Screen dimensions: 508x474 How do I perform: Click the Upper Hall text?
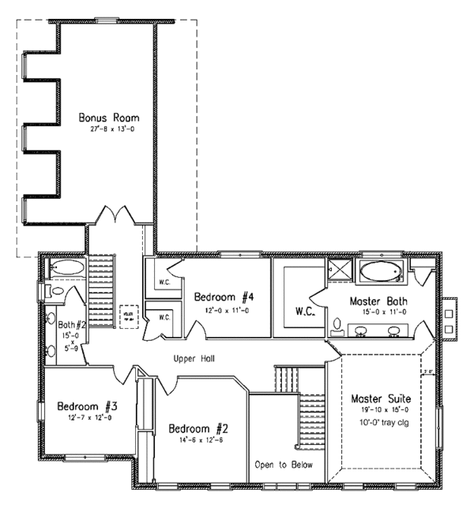pos(194,358)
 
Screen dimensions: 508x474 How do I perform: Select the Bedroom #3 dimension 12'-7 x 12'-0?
pos(87,418)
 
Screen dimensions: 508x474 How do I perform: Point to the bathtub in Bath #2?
pos(65,270)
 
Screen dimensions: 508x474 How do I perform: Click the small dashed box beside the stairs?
pos(128,315)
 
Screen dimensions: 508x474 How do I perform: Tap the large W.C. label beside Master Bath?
pos(305,312)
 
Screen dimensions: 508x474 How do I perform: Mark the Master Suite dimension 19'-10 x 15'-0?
pos(384,409)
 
